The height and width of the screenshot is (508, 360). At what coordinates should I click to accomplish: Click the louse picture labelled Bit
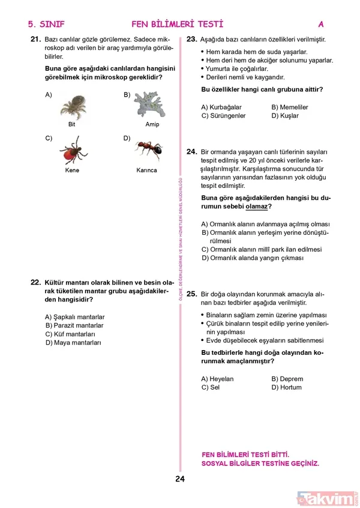pyautogui.click(x=72, y=107)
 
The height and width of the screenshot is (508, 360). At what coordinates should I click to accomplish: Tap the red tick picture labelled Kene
pyautogui.click(x=72, y=150)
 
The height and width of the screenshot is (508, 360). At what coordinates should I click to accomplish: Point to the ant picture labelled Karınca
pyautogui.click(x=146, y=150)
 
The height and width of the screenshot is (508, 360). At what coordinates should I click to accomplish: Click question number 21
pyautogui.click(x=34, y=38)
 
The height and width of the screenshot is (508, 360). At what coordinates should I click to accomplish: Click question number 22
pyautogui.click(x=35, y=282)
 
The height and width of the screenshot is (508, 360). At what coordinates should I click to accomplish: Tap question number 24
pyautogui.click(x=192, y=152)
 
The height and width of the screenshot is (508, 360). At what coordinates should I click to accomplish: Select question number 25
pyautogui.click(x=192, y=294)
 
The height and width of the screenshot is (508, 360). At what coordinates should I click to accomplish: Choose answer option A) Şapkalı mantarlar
pyautogui.click(x=75, y=316)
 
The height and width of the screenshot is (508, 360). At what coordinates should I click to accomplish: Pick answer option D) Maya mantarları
pyautogui.click(x=73, y=342)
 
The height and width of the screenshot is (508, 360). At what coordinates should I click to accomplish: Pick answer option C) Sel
pyautogui.click(x=211, y=387)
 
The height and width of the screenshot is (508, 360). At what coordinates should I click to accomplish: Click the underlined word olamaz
pyautogui.click(x=256, y=206)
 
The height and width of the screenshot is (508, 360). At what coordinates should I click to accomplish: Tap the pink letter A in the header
pyautogui.click(x=321, y=25)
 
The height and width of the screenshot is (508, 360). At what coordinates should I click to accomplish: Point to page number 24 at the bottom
pyautogui.click(x=180, y=479)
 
